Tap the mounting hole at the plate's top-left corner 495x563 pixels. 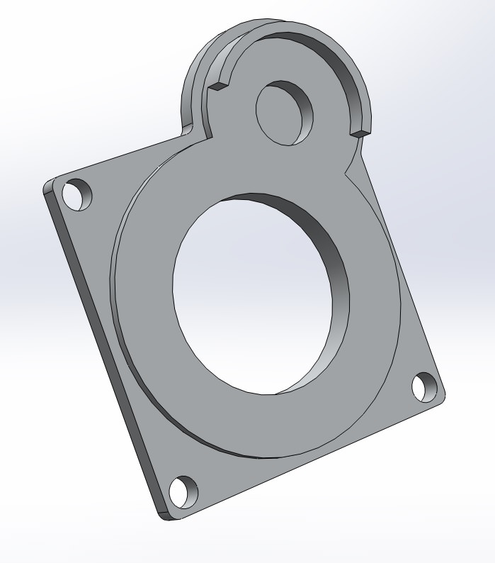tap(78, 194)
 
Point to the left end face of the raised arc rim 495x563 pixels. tap(218, 86)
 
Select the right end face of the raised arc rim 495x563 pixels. tap(360, 132)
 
